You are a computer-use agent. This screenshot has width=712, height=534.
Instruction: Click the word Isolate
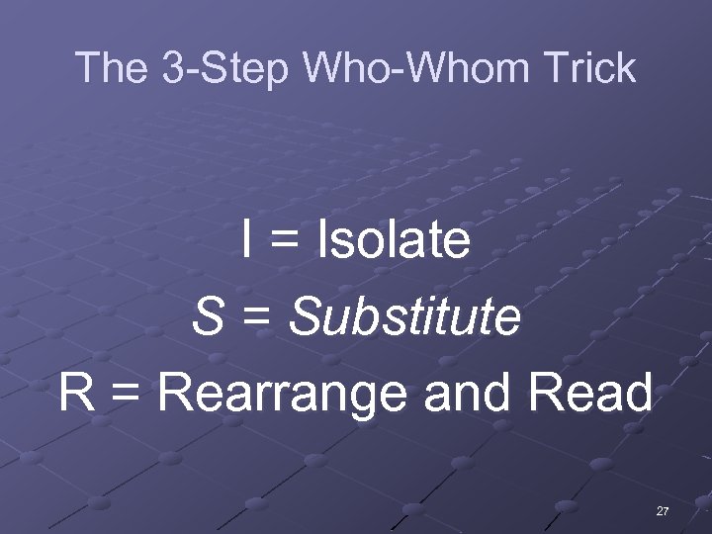(393, 240)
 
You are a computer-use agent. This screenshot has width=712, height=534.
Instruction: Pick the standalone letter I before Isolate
(247, 240)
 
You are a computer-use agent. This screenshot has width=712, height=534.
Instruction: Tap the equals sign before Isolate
(284, 242)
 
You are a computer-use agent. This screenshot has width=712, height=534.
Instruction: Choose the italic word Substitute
(404, 316)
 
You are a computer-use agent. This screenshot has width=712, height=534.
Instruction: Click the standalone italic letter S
(207, 316)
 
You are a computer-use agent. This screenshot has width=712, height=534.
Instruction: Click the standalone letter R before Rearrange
(76, 393)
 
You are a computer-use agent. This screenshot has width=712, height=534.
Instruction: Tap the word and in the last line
(469, 393)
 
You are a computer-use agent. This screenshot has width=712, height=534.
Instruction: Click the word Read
(590, 393)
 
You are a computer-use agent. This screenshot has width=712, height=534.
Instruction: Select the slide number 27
(663, 511)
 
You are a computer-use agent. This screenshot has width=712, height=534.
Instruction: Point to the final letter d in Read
(639, 393)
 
